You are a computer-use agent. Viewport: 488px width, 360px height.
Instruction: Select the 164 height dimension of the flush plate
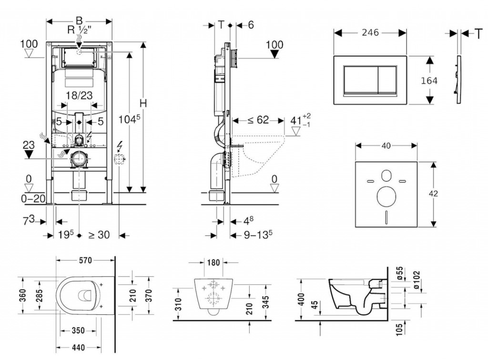pyautogui.click(x=429, y=80)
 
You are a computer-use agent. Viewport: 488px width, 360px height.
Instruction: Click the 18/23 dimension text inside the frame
pyautogui.click(x=79, y=95)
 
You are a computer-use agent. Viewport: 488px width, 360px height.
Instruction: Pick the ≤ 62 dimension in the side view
pyautogui.click(x=258, y=120)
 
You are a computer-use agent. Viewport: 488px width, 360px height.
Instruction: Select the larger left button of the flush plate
pyautogui.click(x=360, y=80)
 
